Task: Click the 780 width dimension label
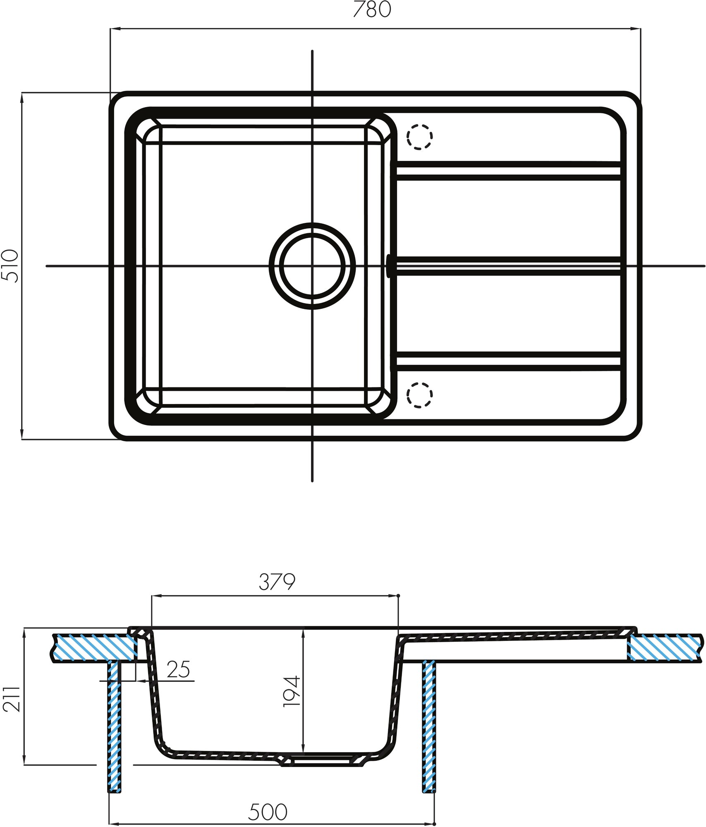(372, 10)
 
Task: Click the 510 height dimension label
(11, 266)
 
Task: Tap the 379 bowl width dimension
(277, 583)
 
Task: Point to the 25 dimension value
(179, 669)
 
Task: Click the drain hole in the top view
(312, 266)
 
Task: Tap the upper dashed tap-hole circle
(419, 136)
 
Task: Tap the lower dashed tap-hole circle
(419, 395)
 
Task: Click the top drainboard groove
(509, 171)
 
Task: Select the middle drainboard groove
(509, 266)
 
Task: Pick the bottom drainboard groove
(509, 361)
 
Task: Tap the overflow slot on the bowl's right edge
(389, 266)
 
